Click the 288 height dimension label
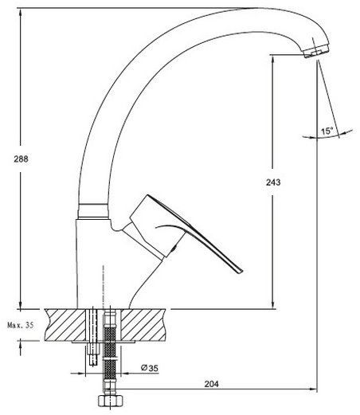point(21,159)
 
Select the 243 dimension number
point(273,182)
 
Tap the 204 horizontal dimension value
point(212,384)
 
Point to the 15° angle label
point(327,131)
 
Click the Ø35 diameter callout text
point(149,368)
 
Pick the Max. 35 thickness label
point(21,325)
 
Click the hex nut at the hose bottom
point(110,401)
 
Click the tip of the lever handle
point(241,271)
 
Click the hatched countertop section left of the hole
point(65,325)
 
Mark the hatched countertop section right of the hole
point(143,325)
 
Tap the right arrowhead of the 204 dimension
point(313,390)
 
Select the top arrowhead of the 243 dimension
point(273,60)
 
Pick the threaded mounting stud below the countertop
point(92,353)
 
